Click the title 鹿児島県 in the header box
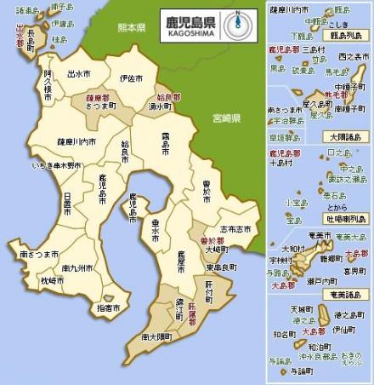point(190,17)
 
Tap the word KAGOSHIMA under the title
point(190,31)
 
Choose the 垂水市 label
point(156,230)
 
